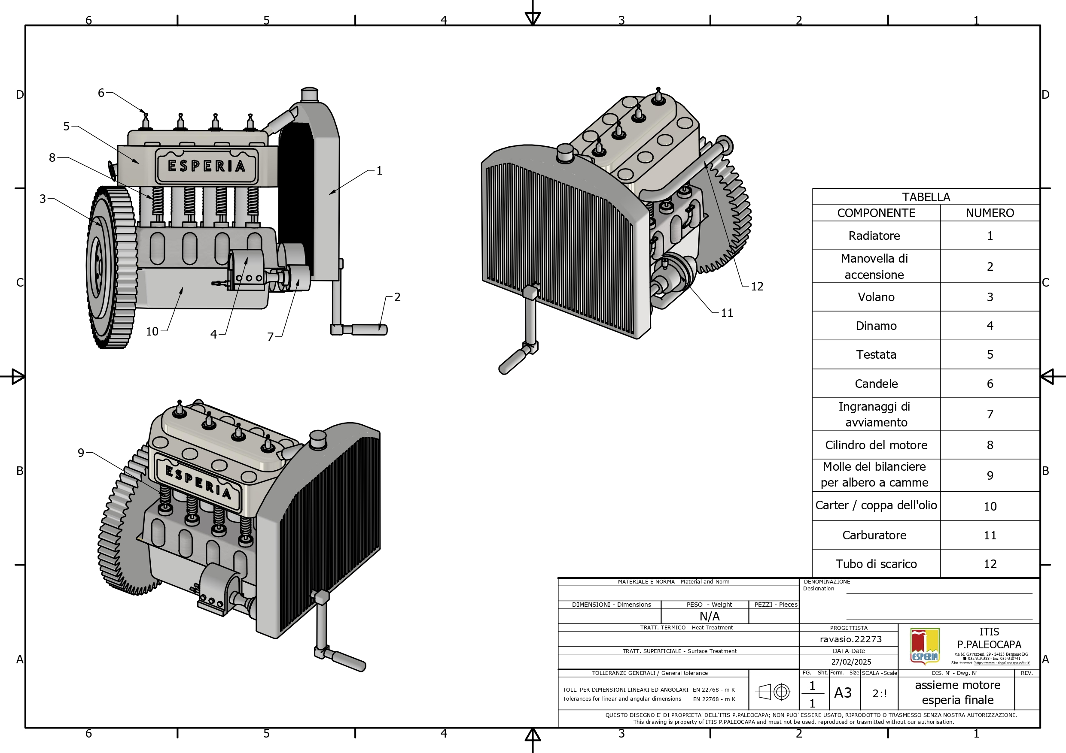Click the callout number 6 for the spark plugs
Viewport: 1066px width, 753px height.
(x=101, y=93)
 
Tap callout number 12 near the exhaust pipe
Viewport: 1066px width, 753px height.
(x=757, y=286)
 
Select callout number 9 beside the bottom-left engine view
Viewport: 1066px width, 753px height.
(x=81, y=452)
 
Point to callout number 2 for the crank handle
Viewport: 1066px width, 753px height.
(x=397, y=297)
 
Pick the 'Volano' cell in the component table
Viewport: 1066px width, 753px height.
(x=876, y=297)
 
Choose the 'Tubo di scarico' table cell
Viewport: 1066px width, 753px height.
(x=876, y=564)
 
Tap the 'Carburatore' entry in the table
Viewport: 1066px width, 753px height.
(x=874, y=535)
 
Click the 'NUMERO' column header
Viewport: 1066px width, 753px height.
(x=990, y=213)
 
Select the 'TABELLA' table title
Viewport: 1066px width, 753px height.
(x=926, y=197)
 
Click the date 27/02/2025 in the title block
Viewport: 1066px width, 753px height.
(x=851, y=662)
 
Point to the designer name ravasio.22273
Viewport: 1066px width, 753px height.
(x=850, y=639)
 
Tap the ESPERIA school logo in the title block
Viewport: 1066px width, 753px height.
(x=925, y=646)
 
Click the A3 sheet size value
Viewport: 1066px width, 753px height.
(x=843, y=693)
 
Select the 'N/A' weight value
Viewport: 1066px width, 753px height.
(x=710, y=616)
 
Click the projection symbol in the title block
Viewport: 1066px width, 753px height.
(x=773, y=692)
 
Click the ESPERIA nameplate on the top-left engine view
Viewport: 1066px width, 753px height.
(x=207, y=166)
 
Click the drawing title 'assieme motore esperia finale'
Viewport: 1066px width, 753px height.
(x=957, y=692)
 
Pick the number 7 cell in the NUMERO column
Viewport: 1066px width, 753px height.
(x=990, y=414)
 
